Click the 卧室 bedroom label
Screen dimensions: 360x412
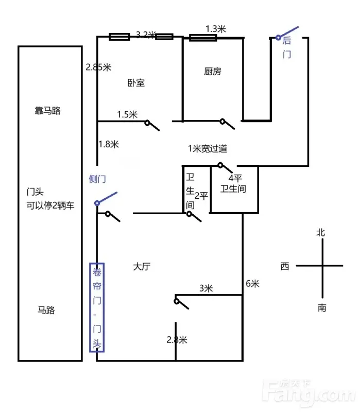click(x=136, y=83)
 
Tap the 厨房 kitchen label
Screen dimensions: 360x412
click(x=213, y=71)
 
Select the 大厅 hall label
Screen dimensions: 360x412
click(x=142, y=266)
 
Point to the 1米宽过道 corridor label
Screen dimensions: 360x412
click(x=208, y=149)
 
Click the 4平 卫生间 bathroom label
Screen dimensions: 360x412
click(x=233, y=183)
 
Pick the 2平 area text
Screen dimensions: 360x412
click(x=201, y=196)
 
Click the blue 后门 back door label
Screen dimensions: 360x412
click(x=287, y=47)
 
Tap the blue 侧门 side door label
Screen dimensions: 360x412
click(x=97, y=179)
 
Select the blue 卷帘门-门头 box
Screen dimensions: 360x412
click(x=97, y=307)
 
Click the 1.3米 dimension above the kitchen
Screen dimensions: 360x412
click(x=216, y=29)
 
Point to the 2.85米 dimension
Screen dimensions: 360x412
click(x=98, y=67)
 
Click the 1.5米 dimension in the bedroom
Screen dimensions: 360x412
click(x=127, y=114)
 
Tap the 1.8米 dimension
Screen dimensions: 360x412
click(x=109, y=144)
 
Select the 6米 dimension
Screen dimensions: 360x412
click(x=252, y=284)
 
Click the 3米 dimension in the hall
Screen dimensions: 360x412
click(x=206, y=288)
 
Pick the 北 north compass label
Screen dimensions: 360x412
click(x=320, y=233)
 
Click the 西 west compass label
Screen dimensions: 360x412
click(x=285, y=266)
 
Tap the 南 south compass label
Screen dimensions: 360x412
click(x=322, y=307)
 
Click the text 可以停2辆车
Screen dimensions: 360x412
click(x=50, y=205)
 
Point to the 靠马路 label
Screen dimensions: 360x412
click(x=47, y=111)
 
